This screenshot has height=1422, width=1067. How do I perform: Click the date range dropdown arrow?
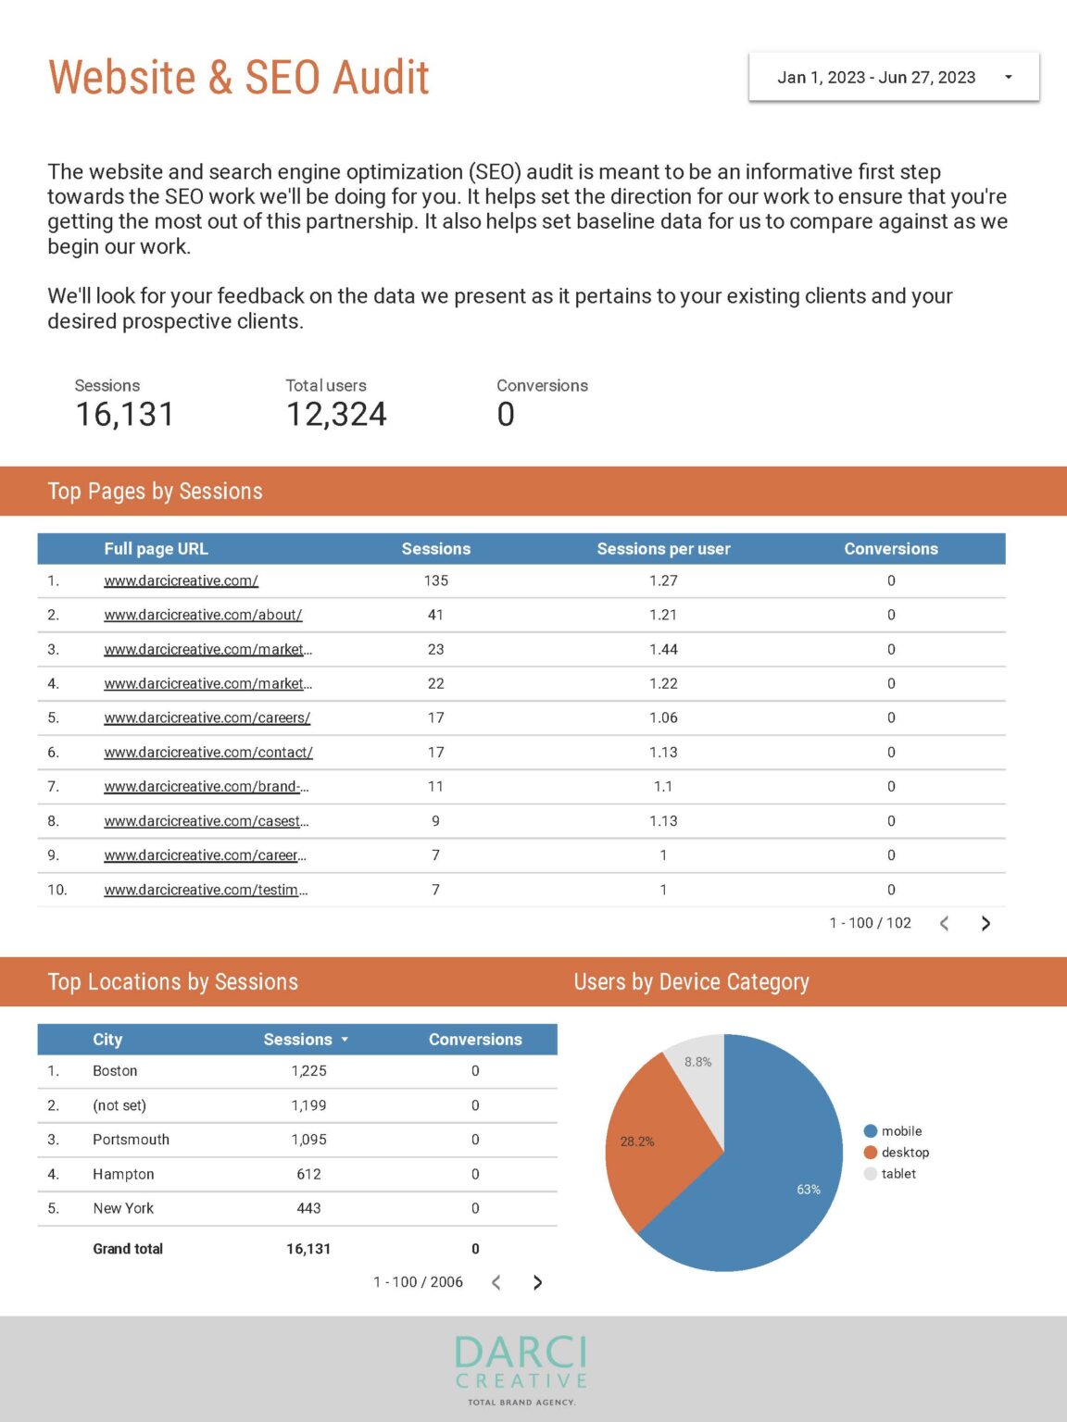(1009, 78)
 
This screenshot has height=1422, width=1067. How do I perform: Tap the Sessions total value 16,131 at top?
(125, 415)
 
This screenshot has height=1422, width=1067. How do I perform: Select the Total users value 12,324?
(336, 415)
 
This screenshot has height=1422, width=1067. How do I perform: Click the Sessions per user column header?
(663, 549)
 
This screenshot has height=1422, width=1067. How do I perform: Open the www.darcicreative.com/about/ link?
(203, 615)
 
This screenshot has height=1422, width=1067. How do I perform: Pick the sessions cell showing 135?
(436, 580)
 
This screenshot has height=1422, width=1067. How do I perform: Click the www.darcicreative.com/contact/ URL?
(208, 753)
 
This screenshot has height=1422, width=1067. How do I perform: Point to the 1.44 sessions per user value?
(663, 650)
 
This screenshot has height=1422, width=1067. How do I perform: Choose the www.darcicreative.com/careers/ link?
(207, 717)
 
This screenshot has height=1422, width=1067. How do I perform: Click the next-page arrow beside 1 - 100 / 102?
(985, 923)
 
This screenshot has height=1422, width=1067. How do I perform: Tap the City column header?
(107, 1040)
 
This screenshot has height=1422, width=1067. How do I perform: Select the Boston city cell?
(115, 1071)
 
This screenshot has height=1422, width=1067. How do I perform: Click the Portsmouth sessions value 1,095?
(308, 1140)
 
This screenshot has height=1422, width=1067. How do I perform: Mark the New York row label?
(123, 1208)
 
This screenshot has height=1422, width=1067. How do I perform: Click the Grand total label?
(128, 1249)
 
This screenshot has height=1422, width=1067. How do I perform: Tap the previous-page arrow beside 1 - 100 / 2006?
(496, 1282)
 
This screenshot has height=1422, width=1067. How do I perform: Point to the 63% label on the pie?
(809, 1190)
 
